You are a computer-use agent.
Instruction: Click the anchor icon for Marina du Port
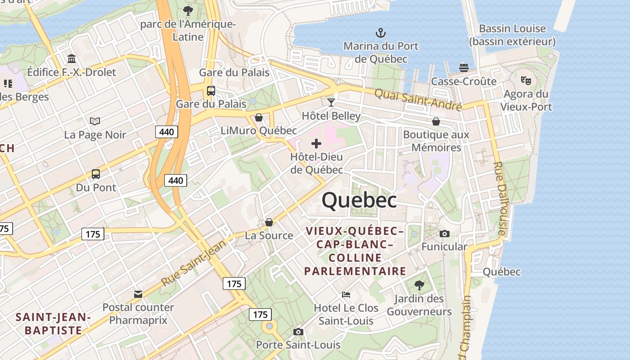coord(381,33)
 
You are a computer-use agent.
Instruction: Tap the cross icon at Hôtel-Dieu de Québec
coord(316,144)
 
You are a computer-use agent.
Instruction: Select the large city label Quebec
coord(359,200)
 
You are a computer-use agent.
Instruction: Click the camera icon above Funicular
coord(444,234)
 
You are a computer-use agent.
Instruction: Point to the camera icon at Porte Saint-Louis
coord(298,332)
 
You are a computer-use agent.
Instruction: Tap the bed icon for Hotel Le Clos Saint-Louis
coord(346,295)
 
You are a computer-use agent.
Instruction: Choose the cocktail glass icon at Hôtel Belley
coord(331,103)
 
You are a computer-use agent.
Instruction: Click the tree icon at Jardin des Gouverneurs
coord(419,285)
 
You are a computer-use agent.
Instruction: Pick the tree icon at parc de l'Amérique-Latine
coord(188,10)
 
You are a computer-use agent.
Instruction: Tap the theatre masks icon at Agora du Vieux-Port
coord(526,81)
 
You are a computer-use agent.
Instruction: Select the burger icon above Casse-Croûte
coord(464,68)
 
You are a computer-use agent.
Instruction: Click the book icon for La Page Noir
coord(95,121)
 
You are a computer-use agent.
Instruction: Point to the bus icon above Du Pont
coord(96,174)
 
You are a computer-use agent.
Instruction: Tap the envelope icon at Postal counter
coord(138,294)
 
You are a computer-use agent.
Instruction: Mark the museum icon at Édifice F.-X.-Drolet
coord(72,58)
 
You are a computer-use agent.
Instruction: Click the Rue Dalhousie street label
coord(500,198)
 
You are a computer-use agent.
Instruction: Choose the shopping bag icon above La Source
coord(269,222)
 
